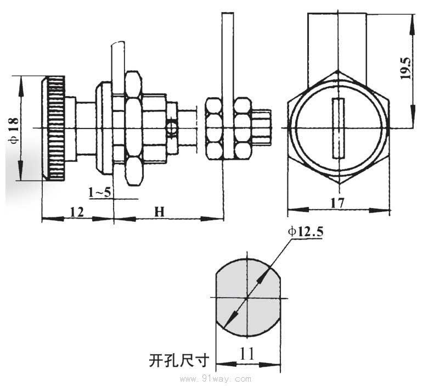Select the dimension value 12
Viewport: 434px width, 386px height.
pyautogui.click(x=77, y=212)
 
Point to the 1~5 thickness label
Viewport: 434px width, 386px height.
pyautogui.click(x=100, y=192)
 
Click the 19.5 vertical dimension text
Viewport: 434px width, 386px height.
pyautogui.click(x=406, y=67)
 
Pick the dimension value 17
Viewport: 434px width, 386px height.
pyautogui.click(x=337, y=203)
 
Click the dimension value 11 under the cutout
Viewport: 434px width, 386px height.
pyautogui.click(x=247, y=354)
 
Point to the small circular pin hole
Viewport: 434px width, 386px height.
pyautogui.click(x=172, y=128)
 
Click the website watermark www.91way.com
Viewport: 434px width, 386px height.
pyautogui.click(x=219, y=379)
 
